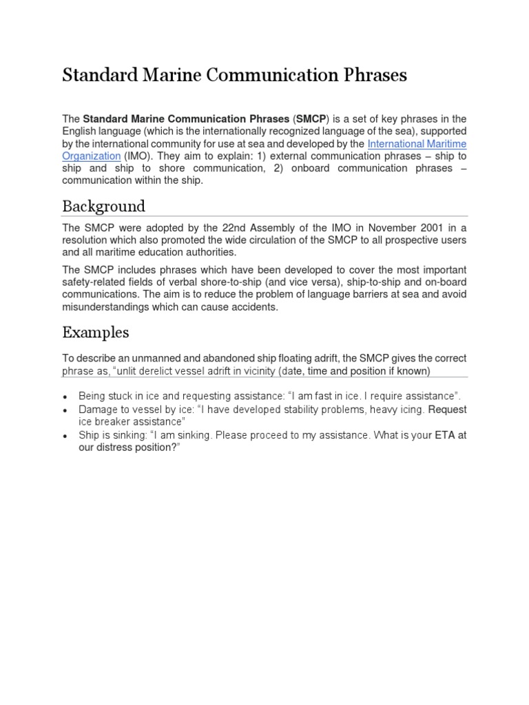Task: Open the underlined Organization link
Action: click(91, 156)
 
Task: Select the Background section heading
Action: click(103, 206)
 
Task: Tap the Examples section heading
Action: click(95, 333)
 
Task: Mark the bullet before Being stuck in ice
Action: click(65, 397)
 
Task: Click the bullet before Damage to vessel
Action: click(65, 410)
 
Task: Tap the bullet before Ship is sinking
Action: click(65, 436)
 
